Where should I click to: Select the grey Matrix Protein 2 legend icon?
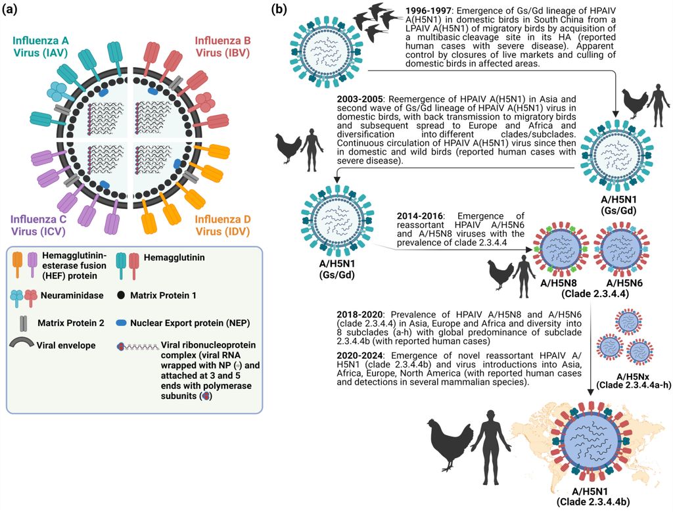click(x=24, y=323)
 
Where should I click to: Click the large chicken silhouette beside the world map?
click(x=450, y=440)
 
